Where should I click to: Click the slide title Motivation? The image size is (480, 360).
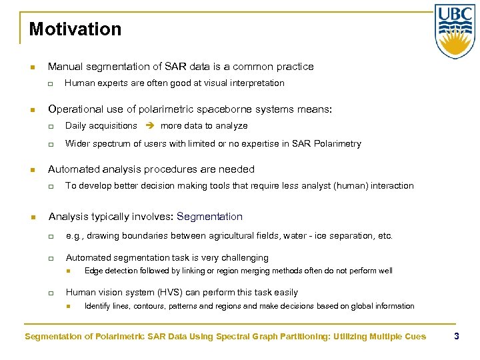(x=75, y=29)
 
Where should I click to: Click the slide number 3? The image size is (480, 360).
(x=457, y=336)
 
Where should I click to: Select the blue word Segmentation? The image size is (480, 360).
(x=210, y=217)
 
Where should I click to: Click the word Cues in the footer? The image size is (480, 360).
(x=414, y=337)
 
